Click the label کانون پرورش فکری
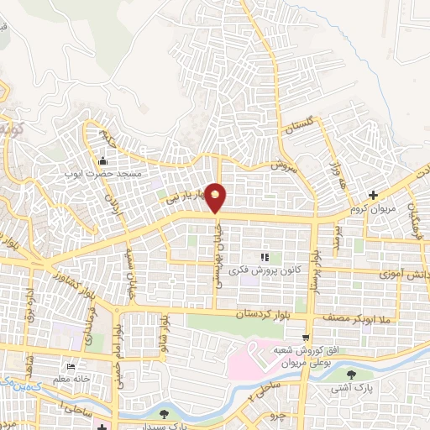(x=264, y=270)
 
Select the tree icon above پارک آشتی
(x=363, y=375)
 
